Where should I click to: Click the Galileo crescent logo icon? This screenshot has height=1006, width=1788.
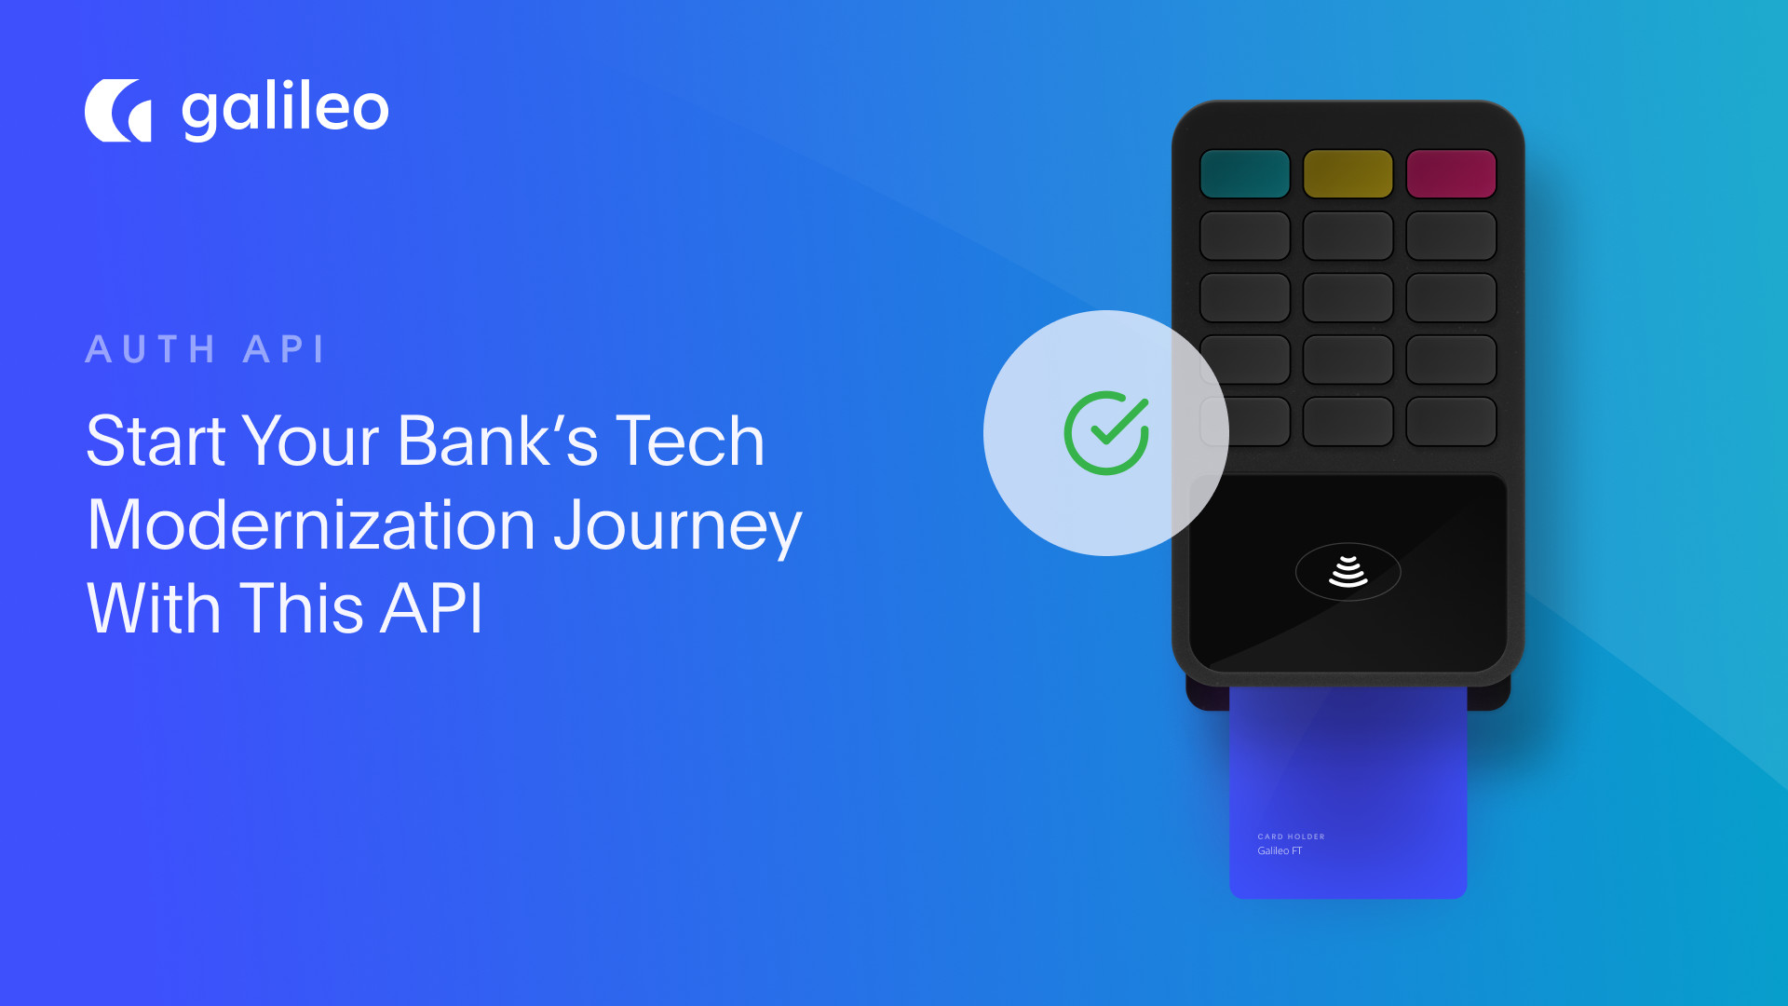point(118,111)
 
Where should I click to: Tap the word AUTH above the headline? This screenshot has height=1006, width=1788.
point(151,350)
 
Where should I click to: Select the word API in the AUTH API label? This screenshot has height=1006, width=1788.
point(284,350)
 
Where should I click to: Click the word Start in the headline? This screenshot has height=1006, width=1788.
point(156,442)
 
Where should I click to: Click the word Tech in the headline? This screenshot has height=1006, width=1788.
point(690,442)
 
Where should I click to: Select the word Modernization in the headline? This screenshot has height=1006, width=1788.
point(311,525)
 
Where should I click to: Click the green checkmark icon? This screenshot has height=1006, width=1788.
point(1106,433)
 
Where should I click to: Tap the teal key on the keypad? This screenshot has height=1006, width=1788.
point(1245,174)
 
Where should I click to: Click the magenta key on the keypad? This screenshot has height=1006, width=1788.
point(1451,174)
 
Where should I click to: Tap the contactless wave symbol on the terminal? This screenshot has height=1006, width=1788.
point(1348,571)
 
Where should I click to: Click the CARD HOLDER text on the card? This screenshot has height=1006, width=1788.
point(1291,836)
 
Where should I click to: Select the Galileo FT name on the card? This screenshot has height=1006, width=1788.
point(1280,850)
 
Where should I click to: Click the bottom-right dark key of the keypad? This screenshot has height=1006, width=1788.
point(1451,421)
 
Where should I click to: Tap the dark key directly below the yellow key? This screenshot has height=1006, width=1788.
point(1348,236)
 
